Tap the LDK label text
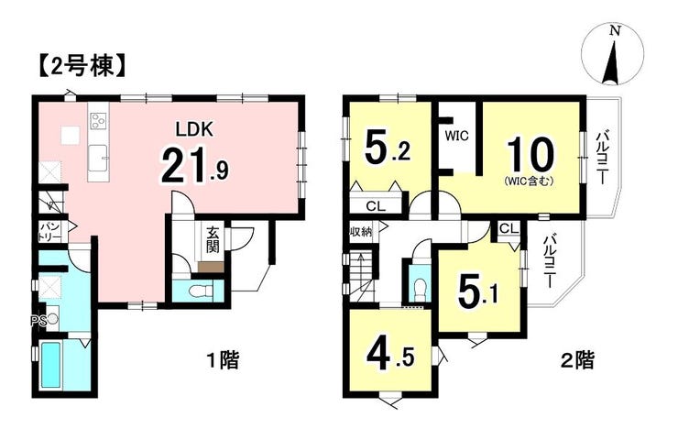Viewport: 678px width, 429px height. pyautogui.click(x=194, y=129)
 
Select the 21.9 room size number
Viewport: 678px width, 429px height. pyautogui.click(x=194, y=165)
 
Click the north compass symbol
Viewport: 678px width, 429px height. pyautogui.click(x=613, y=55)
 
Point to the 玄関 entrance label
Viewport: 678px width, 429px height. pyautogui.click(x=212, y=240)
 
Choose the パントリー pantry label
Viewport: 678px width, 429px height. pyautogui.click(x=51, y=231)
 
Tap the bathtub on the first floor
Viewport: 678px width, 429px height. pyautogui.click(x=50, y=365)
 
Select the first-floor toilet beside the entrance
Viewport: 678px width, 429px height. pyautogui.click(x=201, y=291)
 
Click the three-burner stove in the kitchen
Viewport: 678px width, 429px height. pyautogui.click(x=98, y=121)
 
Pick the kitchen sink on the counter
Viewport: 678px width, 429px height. pyautogui.click(x=98, y=159)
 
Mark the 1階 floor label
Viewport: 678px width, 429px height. pyautogui.click(x=224, y=360)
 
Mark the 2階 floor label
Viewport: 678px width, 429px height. pyautogui.click(x=577, y=360)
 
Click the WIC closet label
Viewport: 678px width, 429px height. pyautogui.click(x=456, y=137)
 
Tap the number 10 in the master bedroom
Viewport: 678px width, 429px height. pyautogui.click(x=530, y=156)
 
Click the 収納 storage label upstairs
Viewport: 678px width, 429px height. pyautogui.click(x=361, y=231)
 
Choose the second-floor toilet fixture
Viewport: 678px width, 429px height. pyautogui.click(x=419, y=291)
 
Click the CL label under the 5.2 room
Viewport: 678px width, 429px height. pyautogui.click(x=376, y=206)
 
